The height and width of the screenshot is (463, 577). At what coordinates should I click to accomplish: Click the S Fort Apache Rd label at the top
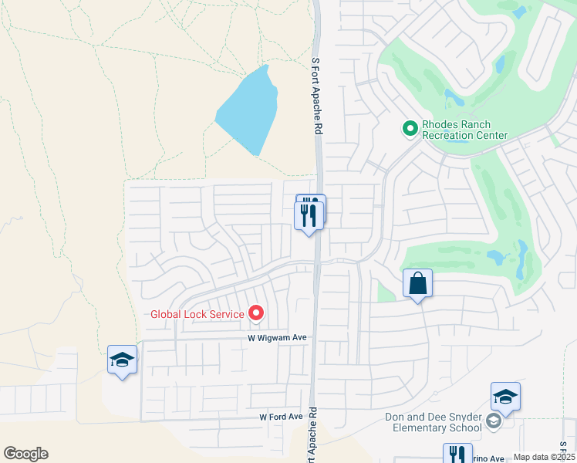point(315,96)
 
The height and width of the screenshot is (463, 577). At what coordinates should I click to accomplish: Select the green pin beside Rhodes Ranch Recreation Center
point(410,128)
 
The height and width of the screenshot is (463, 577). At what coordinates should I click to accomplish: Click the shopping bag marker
point(417,283)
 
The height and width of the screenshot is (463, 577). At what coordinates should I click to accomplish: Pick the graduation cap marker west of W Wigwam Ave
point(122,360)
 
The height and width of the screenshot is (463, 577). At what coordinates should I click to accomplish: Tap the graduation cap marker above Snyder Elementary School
point(505,397)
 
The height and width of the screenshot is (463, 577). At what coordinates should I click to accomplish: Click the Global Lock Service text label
point(197,313)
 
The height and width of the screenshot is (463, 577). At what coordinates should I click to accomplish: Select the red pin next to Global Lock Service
point(255,313)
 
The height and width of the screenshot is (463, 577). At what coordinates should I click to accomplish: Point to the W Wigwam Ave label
point(278,338)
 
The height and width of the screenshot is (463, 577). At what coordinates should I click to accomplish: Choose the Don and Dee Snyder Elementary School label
point(437,422)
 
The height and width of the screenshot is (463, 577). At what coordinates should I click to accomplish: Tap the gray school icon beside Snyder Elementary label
point(493,421)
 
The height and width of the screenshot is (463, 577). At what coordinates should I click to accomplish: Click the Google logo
point(25,454)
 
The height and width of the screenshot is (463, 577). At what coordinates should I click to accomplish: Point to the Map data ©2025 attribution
point(544,457)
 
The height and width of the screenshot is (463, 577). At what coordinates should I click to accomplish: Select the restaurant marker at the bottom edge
point(457,453)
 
